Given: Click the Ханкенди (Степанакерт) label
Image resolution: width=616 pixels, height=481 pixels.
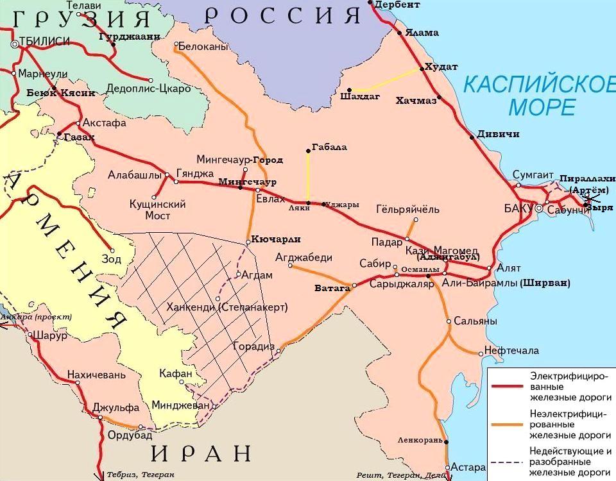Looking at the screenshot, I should [227, 307].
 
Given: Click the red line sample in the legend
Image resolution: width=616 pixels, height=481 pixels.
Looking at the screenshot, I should [509, 387].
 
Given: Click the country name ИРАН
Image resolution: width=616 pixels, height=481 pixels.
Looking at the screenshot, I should [201, 452].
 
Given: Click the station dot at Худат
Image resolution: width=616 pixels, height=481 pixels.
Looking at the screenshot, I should [421, 67].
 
